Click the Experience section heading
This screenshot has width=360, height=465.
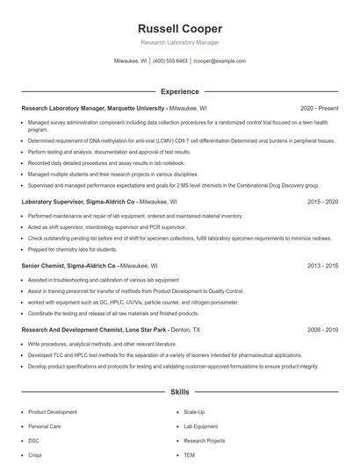(179, 91)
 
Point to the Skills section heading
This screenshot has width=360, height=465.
(179, 391)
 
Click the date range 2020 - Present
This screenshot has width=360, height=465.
(319, 108)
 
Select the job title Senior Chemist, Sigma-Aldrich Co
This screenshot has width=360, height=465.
(61, 265)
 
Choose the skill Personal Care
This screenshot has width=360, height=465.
(44, 426)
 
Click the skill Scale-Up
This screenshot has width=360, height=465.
(194, 411)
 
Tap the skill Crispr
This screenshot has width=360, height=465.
(34, 455)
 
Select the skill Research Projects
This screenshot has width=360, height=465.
(204, 440)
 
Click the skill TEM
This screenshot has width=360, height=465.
(189, 455)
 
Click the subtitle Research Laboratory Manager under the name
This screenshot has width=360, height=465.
(179, 42)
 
